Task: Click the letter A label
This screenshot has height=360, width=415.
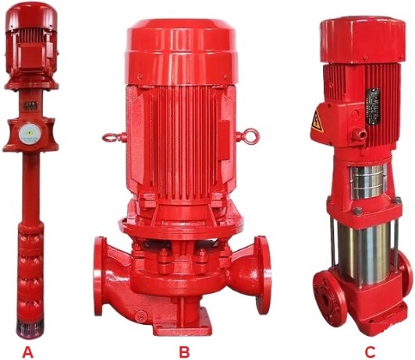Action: [x=29, y=351]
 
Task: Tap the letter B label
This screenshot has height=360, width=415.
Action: [x=184, y=351]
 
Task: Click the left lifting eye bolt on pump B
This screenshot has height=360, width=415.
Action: [x=109, y=137]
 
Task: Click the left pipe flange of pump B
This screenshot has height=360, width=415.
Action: [x=101, y=265]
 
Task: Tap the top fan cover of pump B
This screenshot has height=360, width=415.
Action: [x=181, y=47]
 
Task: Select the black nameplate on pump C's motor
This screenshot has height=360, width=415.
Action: [x=373, y=107]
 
